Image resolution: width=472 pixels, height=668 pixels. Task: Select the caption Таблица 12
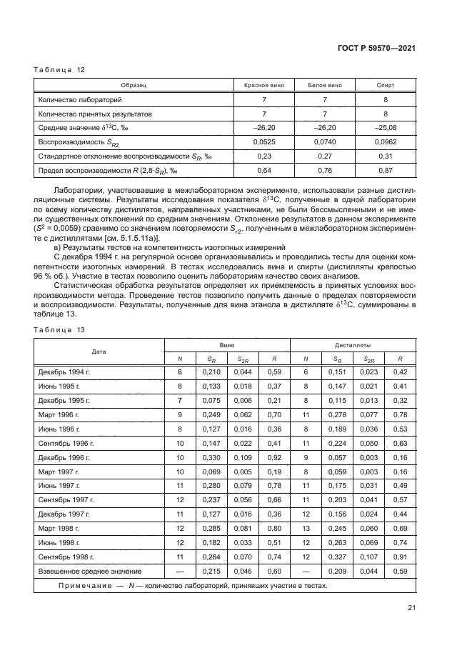point(60,69)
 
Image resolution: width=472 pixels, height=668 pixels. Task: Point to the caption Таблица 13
point(60,329)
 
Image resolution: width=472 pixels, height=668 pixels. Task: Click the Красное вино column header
point(263,85)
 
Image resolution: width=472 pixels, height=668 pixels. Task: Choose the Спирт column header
point(386,85)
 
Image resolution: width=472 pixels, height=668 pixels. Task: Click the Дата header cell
point(99,352)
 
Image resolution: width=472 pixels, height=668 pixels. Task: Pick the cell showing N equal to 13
point(306,529)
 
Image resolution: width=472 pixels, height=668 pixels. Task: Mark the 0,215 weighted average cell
point(211,572)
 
